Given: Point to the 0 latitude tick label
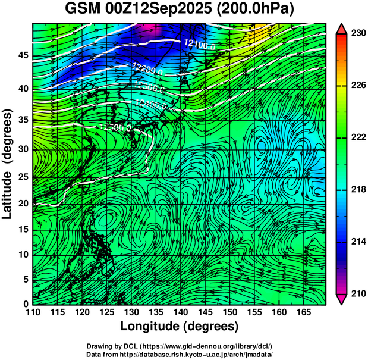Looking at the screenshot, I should pyautogui.click(x=25, y=304).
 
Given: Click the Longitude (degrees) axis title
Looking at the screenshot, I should pyautogui.click(x=180, y=326).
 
